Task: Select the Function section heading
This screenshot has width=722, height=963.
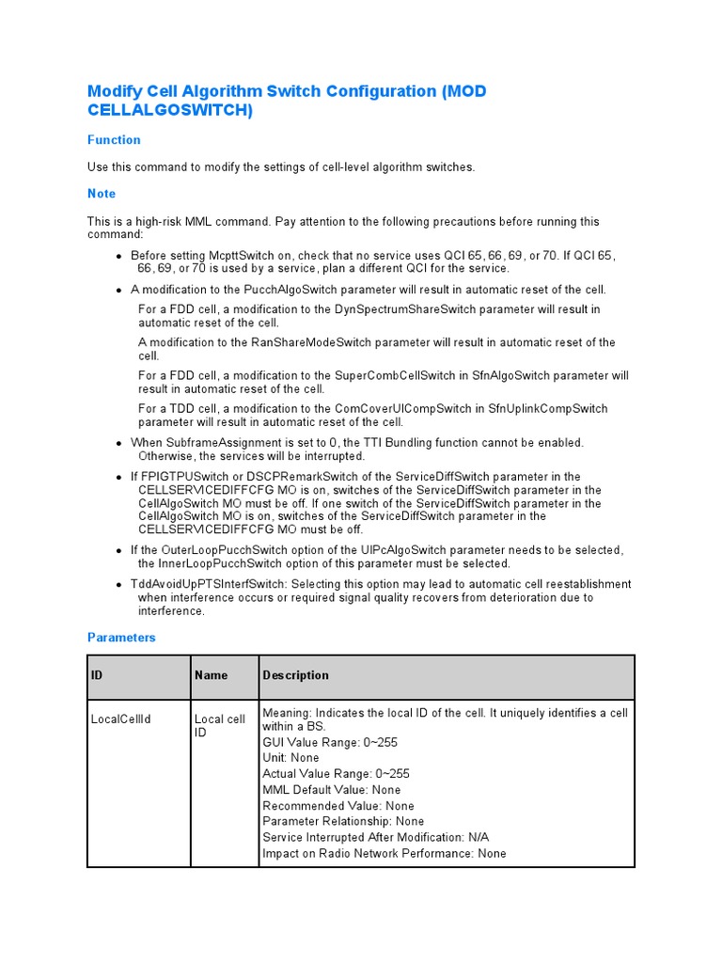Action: [114, 140]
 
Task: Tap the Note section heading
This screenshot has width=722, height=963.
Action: [102, 194]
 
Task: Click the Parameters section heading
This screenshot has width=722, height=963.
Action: [121, 638]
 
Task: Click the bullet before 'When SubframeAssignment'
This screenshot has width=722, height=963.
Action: [118, 443]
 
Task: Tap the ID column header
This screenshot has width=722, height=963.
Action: [97, 675]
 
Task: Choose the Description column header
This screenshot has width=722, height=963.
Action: [296, 675]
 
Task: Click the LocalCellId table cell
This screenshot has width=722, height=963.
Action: [121, 719]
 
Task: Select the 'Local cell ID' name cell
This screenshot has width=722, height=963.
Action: [219, 725]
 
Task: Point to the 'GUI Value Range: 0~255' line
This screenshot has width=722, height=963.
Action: [330, 742]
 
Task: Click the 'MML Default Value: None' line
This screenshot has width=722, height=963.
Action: [331, 790]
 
